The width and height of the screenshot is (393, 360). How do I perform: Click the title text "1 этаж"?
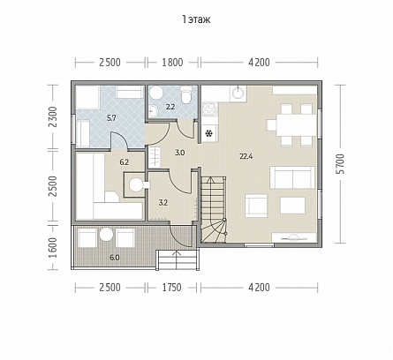[x=196, y=19]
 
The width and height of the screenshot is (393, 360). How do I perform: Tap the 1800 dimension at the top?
[x=172, y=63]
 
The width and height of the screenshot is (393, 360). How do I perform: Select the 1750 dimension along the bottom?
[x=171, y=288]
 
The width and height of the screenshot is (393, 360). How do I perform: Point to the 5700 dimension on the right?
[x=341, y=163]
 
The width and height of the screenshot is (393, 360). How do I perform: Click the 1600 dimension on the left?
[x=53, y=248]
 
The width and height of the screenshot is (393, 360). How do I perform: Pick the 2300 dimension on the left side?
[x=53, y=116]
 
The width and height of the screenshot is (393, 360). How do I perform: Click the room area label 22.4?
[x=246, y=156]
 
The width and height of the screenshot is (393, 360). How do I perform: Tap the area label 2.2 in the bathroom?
[x=170, y=107]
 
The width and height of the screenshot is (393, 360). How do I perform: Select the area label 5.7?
[x=111, y=118]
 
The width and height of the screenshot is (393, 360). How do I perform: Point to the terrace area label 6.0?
[x=115, y=258]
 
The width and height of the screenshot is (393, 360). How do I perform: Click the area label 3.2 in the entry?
[x=163, y=203]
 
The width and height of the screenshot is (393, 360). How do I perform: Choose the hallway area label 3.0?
[x=179, y=153]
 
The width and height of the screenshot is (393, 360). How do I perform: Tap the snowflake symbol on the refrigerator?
[x=209, y=134]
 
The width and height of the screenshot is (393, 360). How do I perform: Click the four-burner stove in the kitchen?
[x=210, y=109]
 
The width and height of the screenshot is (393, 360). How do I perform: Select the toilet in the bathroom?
[x=186, y=95]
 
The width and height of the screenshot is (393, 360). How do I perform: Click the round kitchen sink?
[x=238, y=94]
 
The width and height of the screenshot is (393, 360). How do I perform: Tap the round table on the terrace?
[x=106, y=235]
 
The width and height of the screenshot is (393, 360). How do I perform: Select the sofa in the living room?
[x=292, y=177]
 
